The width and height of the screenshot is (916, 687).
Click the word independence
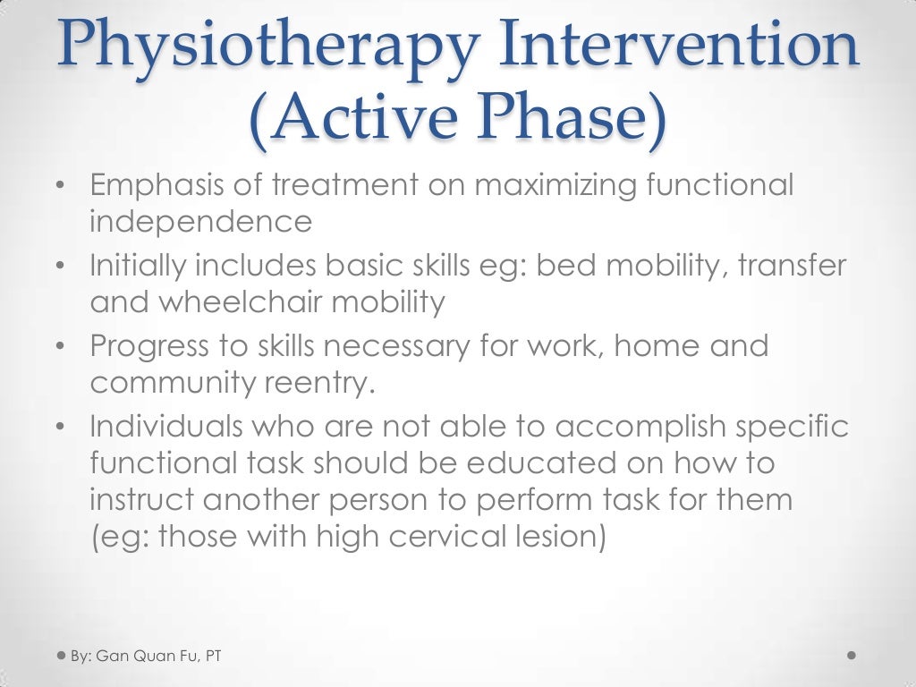(x=200, y=220)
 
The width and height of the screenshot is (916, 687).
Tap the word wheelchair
(x=243, y=301)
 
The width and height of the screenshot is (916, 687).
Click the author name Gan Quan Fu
(x=148, y=657)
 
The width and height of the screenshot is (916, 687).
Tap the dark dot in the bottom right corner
(x=851, y=656)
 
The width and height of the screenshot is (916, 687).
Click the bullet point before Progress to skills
(x=59, y=347)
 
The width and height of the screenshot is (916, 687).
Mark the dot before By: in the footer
(x=59, y=656)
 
